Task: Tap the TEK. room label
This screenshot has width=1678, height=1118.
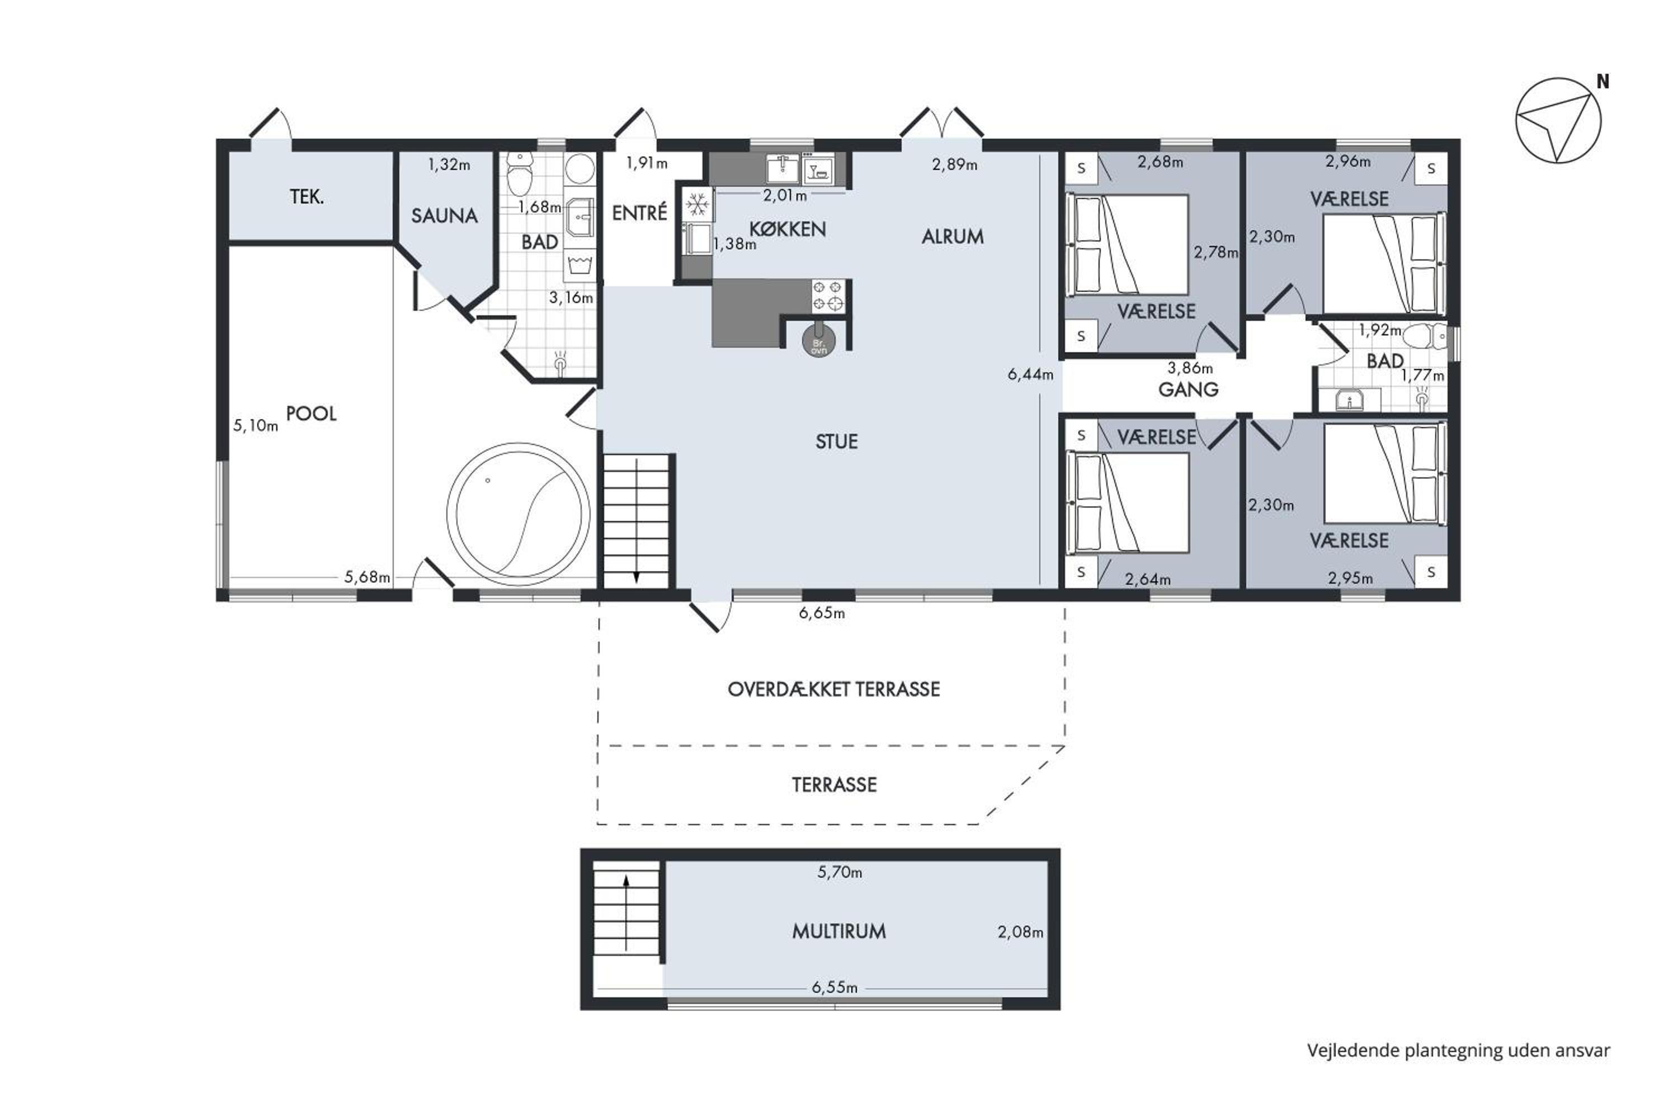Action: coord(307,197)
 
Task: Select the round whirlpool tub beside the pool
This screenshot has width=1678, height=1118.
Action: coord(519,514)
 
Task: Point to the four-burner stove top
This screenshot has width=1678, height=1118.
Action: coord(828,296)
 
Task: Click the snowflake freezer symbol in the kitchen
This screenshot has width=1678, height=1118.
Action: coord(697,205)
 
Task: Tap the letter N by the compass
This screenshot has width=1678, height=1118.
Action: coord(1602,82)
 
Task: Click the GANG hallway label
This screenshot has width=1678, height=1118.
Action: coord(1188,389)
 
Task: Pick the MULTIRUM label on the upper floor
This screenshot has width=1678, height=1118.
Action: coord(839,931)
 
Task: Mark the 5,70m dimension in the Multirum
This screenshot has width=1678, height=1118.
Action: coord(840,872)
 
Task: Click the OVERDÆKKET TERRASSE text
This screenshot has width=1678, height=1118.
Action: coord(833,689)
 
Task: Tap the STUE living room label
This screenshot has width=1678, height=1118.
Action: coord(836,442)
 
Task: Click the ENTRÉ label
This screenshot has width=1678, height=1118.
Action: coord(639,212)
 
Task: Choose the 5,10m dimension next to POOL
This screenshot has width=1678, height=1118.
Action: coord(256,425)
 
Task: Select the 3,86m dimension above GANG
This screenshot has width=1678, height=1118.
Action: coord(1190,368)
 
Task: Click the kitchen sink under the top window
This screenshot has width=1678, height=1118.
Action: coord(783,169)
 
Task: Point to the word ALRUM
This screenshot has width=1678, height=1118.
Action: coord(953,236)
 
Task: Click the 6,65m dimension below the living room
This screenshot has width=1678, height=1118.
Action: coord(822,613)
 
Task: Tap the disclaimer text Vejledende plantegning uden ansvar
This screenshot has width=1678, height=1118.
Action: coord(1458,1050)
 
